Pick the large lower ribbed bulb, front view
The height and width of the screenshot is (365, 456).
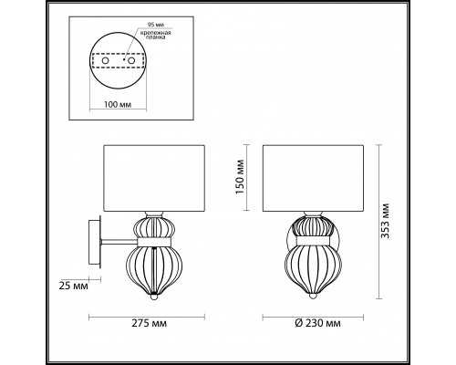(310, 266)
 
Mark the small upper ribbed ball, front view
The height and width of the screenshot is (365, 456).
(310, 227)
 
